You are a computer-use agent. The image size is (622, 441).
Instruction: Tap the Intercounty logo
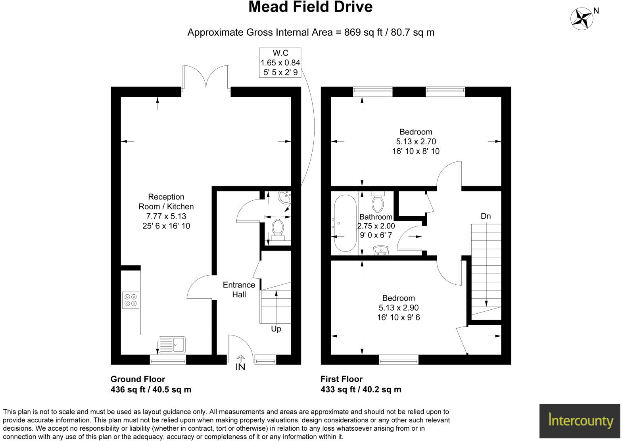(x=580, y=420)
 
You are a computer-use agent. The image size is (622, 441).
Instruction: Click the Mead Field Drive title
(x=310, y=7)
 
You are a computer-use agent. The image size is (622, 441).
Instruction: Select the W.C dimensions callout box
(x=280, y=63)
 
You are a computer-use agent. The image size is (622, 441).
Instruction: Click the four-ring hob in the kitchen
(x=131, y=300)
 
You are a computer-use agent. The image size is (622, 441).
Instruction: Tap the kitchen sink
(x=172, y=344)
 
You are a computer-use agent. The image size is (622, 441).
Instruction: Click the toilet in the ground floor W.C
(x=278, y=230)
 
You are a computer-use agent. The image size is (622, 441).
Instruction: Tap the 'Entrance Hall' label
(x=239, y=290)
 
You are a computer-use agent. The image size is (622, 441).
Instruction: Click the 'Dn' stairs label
(x=486, y=216)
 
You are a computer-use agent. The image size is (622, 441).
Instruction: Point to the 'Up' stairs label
(x=276, y=329)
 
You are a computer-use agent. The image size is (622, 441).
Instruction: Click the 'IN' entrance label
(x=240, y=367)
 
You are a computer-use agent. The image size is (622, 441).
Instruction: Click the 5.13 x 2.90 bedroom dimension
(x=398, y=308)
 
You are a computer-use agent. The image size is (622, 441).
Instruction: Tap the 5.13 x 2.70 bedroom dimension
(x=416, y=142)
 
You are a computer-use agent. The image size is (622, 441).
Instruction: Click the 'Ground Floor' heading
(x=138, y=379)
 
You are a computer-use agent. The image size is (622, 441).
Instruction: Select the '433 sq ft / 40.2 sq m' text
(x=361, y=389)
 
